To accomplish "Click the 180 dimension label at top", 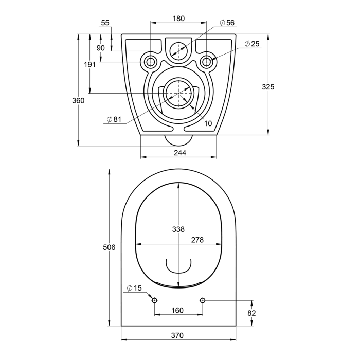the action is pos(178,19).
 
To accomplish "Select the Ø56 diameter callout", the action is pos(227,23).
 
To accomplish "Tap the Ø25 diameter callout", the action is pos(252,44).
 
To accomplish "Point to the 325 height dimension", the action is pos(268,87).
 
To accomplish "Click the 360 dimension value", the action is pos(78,101).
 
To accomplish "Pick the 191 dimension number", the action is pos(89,65).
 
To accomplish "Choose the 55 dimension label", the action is pos(105,23).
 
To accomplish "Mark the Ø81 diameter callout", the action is pos(114,119).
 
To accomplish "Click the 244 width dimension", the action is pos(180,153).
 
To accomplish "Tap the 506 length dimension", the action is pos(109,247).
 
